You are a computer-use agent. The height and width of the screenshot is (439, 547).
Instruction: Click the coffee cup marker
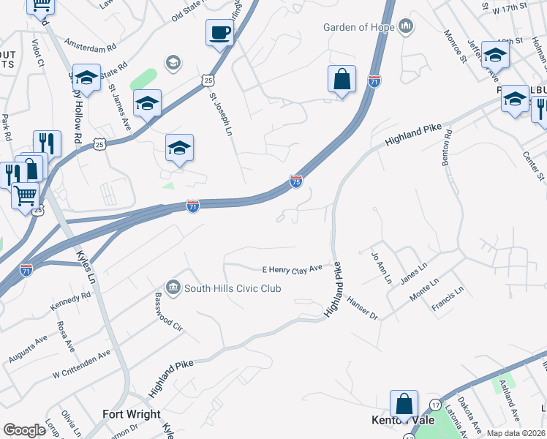coord(220,34)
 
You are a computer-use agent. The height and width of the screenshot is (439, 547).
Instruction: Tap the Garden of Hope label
coord(359,28)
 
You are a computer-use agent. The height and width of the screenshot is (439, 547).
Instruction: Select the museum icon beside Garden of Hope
coord(406,28)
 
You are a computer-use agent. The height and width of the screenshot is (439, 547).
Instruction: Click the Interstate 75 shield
coord(296,181)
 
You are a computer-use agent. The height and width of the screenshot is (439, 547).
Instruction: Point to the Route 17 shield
coord(435,405)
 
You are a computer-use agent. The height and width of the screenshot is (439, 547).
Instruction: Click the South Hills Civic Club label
coord(233,288)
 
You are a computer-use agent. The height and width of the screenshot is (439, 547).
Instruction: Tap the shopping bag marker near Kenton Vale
coord(404,405)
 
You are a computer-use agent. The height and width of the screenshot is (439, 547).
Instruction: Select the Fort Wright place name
coord(132,414)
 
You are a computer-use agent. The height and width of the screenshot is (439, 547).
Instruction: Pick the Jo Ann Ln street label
coord(377,268)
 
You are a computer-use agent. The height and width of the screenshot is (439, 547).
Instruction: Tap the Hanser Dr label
coord(362,308)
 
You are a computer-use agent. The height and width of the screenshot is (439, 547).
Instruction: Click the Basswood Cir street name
coord(167,312)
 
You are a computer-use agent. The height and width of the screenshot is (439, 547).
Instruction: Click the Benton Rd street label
coord(448,148)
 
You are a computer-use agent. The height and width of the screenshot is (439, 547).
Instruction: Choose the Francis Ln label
coord(448,301)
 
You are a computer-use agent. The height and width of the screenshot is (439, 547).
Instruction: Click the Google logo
coord(24,430)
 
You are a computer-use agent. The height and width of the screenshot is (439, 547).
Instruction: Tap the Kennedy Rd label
coord(70,301)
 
